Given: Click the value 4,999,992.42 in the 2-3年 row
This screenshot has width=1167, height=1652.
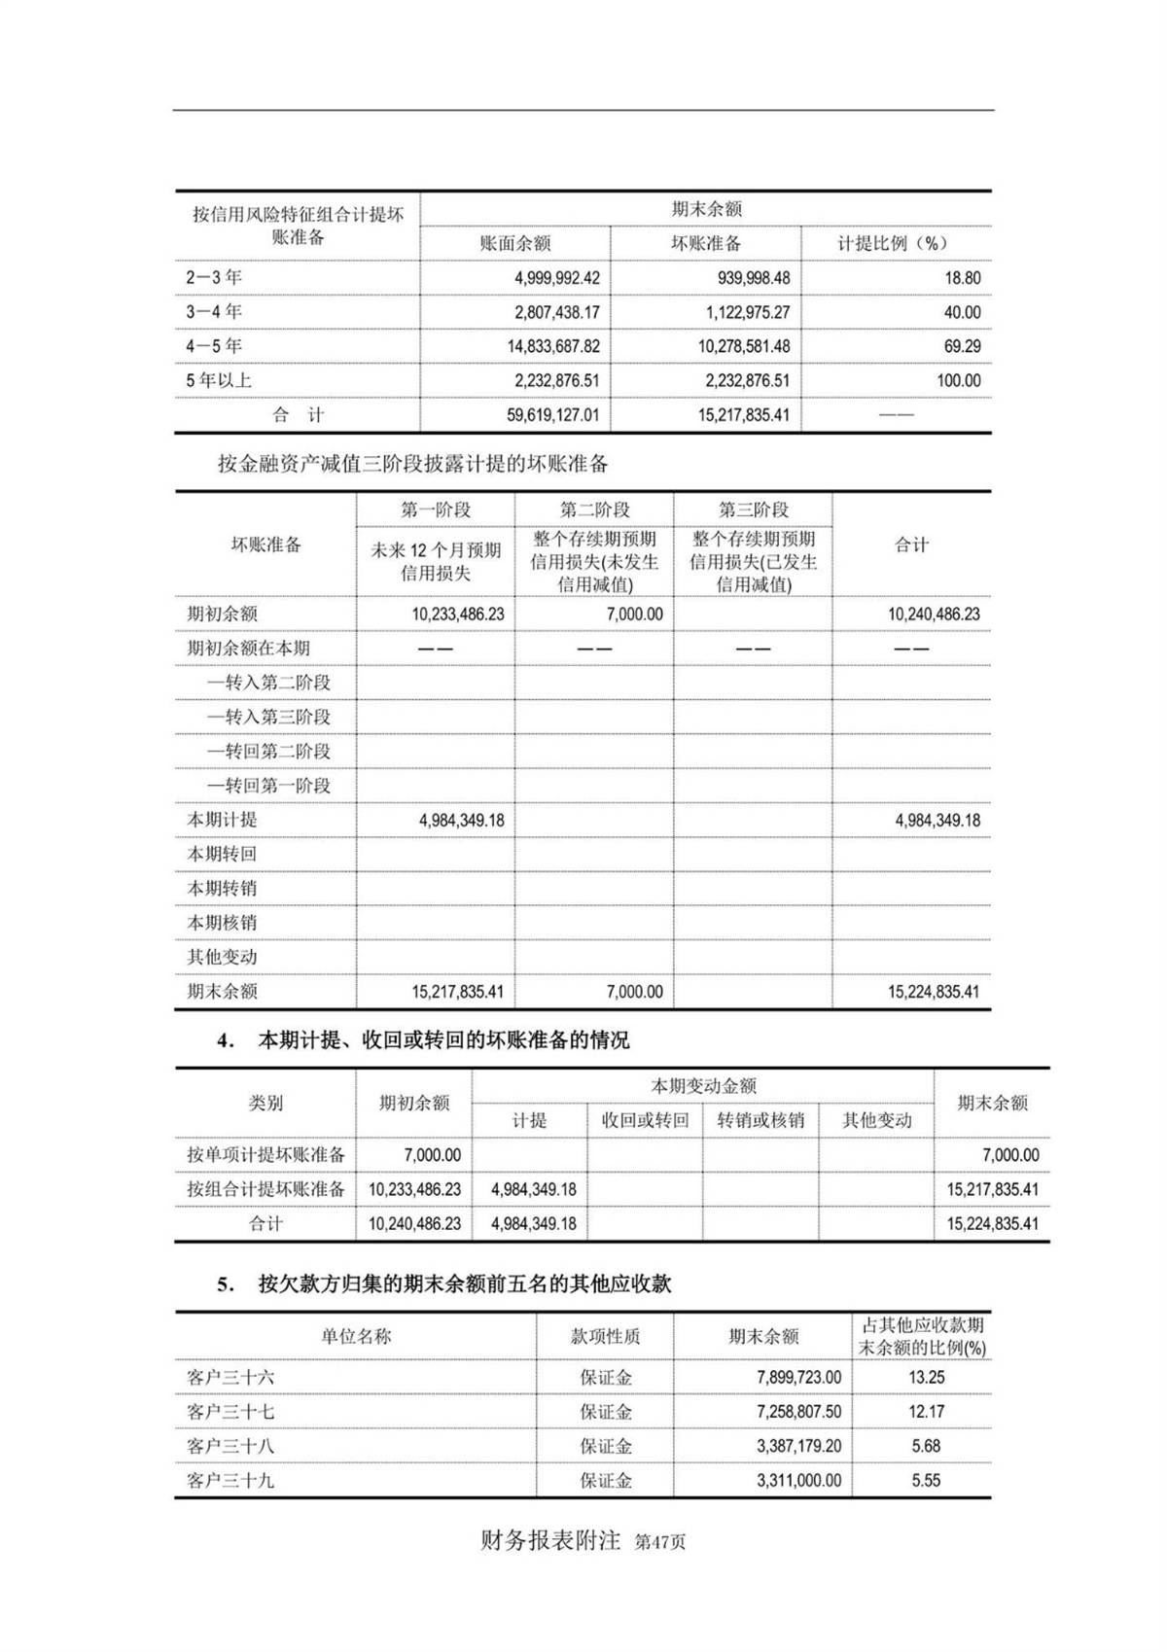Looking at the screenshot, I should [556, 278].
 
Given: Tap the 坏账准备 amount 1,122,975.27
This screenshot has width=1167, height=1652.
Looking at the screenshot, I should [747, 312].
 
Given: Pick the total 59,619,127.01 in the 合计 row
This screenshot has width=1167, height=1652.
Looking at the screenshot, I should [552, 415].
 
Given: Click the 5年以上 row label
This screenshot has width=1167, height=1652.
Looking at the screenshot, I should [219, 380].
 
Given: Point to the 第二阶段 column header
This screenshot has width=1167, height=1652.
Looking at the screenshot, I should [594, 510].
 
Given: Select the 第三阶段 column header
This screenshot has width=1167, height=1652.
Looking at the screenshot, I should [753, 510].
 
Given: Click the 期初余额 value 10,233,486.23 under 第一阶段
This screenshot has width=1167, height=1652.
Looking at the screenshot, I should [457, 615].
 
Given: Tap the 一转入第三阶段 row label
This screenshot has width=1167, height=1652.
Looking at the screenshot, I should [268, 717].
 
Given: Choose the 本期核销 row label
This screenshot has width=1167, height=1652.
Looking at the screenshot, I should [223, 923].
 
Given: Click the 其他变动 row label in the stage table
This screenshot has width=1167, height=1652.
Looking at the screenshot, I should [223, 957].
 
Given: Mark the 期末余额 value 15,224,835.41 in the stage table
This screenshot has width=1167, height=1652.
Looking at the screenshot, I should [933, 992].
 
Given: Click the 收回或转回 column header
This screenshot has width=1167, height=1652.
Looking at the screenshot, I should [645, 1120].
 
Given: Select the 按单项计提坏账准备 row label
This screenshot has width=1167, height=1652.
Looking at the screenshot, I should [265, 1155].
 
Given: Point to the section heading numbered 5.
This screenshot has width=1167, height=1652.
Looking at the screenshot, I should [444, 1283].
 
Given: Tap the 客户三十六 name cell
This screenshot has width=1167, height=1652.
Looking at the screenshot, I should [230, 1377].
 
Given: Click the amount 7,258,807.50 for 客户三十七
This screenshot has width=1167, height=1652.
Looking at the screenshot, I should [798, 1412].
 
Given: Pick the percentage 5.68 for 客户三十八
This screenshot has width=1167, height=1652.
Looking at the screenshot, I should [926, 1446].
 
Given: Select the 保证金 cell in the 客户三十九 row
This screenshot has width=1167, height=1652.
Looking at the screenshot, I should [605, 1480].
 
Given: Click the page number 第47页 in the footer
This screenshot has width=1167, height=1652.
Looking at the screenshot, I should [659, 1542].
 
